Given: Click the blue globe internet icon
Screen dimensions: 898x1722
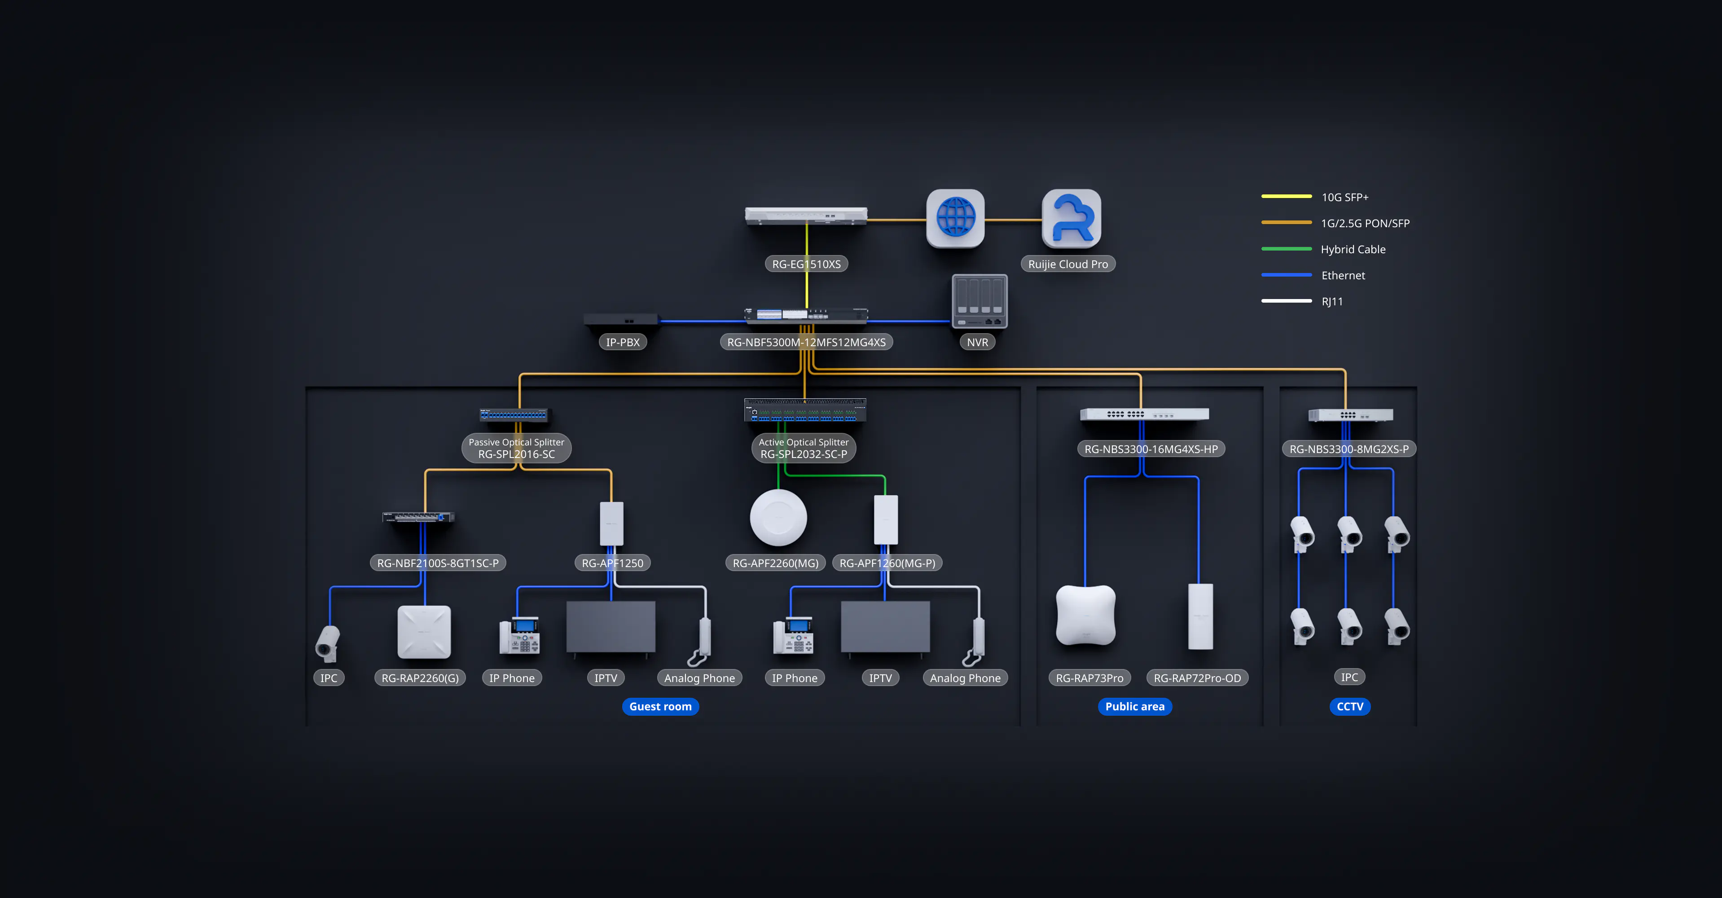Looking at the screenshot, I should click(x=955, y=218).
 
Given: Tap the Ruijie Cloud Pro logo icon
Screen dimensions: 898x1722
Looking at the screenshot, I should click(x=1071, y=218).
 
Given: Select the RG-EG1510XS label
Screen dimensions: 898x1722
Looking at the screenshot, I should click(x=806, y=264).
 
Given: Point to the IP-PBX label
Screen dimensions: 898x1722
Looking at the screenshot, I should click(x=622, y=342).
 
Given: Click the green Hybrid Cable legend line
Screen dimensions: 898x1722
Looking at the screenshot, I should click(x=1286, y=249).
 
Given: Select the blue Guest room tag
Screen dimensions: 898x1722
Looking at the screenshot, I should click(x=660, y=707).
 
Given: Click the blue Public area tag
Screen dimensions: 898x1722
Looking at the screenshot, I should click(x=1134, y=707).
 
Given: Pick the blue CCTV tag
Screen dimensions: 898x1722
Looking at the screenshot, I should click(x=1350, y=707).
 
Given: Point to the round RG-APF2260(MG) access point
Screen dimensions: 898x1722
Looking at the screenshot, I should click(x=778, y=518).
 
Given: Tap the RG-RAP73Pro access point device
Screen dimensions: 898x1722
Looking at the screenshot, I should click(x=1085, y=615).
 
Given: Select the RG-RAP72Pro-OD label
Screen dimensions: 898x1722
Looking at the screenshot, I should click(x=1197, y=678).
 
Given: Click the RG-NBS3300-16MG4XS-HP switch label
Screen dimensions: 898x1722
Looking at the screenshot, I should click(x=1151, y=449).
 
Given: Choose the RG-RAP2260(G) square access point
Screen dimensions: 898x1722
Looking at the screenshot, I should click(x=424, y=632).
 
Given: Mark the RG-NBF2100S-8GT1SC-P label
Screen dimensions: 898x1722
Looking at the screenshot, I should click(x=438, y=563).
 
